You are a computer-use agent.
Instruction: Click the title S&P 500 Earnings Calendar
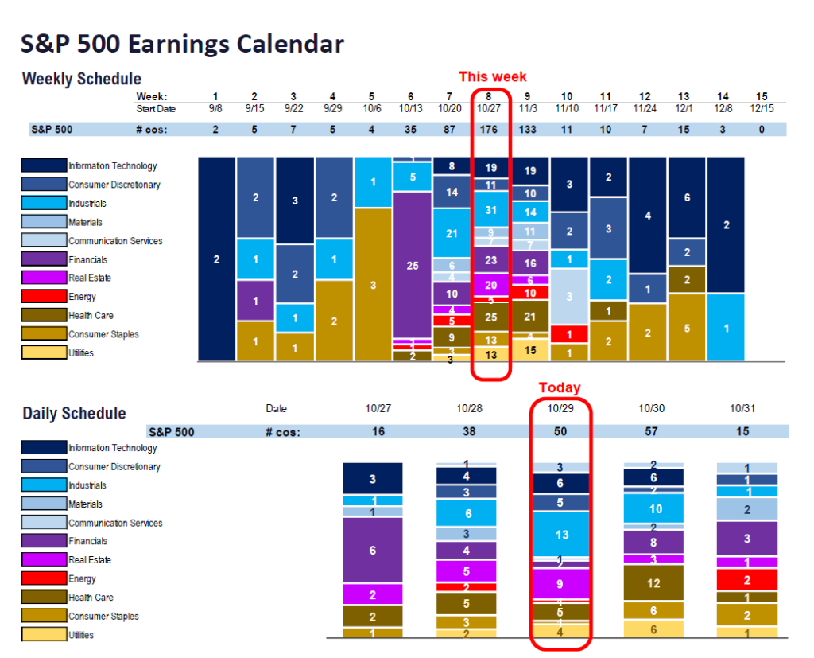point(182,44)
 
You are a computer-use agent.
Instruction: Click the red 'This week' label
point(492,77)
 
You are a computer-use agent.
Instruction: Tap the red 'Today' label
point(560,387)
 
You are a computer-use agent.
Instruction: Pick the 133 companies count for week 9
point(529,129)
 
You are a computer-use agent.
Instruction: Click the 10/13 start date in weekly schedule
point(412,108)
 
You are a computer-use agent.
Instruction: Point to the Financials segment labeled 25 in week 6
point(412,266)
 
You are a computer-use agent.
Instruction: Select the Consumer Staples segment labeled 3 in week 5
point(373,285)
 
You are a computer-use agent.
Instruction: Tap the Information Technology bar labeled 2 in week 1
point(216,259)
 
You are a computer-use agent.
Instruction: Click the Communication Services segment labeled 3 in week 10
point(568,296)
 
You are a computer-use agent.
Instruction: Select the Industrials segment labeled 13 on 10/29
point(560,535)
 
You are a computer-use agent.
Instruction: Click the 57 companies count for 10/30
point(651,431)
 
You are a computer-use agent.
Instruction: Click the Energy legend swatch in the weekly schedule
point(43,297)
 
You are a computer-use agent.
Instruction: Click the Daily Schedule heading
point(74,414)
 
